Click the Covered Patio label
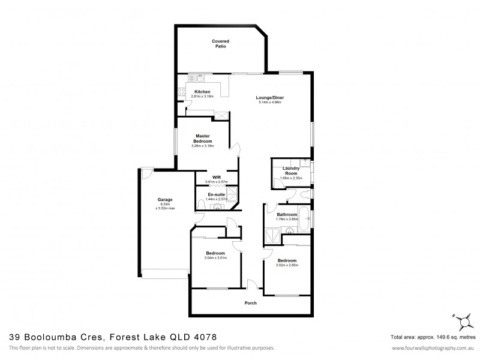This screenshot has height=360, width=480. [x=220, y=43]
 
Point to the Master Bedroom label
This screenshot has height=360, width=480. [x=203, y=139]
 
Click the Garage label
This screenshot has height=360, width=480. [x=165, y=199]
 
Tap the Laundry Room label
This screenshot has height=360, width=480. [x=291, y=171]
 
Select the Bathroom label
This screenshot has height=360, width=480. [x=287, y=214]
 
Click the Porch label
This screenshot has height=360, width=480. [x=251, y=303]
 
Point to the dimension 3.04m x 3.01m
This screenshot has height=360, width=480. [x=215, y=258]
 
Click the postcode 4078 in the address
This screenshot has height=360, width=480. [x=204, y=338]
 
